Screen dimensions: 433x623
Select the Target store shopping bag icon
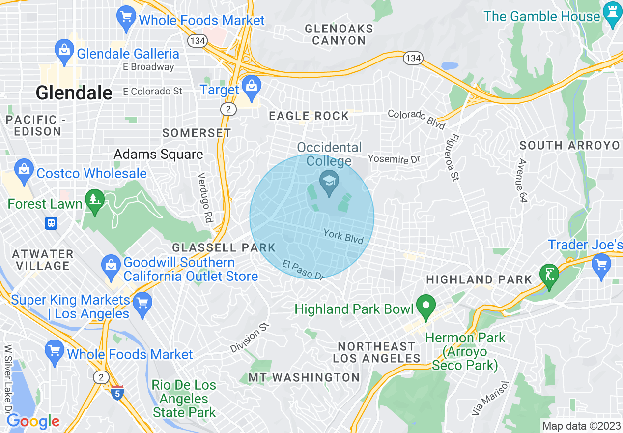point(251,86)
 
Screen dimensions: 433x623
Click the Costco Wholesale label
point(91,173)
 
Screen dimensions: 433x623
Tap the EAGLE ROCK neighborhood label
point(309,116)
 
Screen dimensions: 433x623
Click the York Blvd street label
point(343,236)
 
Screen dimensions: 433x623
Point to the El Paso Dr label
point(303,270)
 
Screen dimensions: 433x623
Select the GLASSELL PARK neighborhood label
point(224,247)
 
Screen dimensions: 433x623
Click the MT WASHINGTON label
point(304,377)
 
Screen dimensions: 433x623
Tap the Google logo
point(32,421)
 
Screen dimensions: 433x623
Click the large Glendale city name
point(74,92)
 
